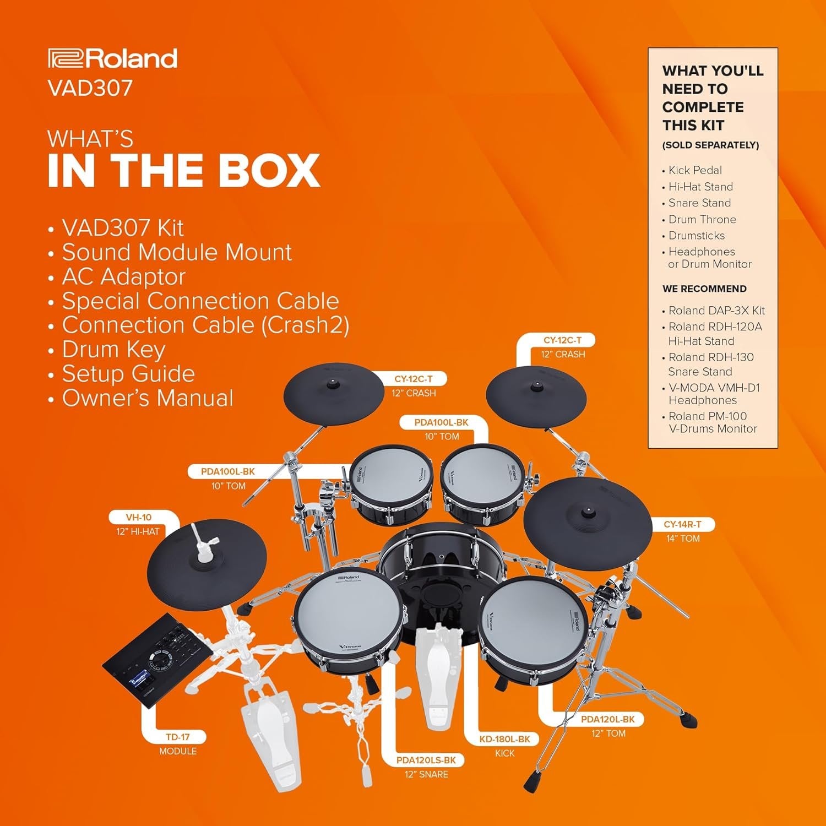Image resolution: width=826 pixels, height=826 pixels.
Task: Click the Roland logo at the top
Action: tap(113, 58)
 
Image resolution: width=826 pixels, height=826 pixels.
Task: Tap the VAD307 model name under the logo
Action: tap(90, 88)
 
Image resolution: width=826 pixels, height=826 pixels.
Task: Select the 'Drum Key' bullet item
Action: tap(113, 349)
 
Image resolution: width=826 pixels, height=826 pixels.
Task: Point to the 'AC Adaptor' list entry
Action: tap(124, 276)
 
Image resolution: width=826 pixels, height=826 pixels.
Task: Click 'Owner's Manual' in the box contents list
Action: tap(148, 398)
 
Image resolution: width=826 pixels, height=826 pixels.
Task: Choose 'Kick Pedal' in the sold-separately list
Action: tap(695, 170)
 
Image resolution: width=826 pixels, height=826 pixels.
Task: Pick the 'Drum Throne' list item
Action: tap(702, 219)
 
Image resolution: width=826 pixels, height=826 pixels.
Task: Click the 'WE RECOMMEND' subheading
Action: tap(704, 289)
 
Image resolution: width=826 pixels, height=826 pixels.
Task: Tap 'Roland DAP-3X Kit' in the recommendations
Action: tap(716, 311)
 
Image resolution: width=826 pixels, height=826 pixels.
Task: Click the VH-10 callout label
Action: tap(139, 518)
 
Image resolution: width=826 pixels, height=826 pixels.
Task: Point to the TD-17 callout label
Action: tap(177, 737)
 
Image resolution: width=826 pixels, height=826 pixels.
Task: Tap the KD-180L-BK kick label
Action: tap(504, 739)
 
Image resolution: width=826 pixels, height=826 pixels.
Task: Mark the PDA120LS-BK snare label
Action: tap(426, 760)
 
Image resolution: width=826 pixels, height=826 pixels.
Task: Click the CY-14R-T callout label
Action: tap(682, 525)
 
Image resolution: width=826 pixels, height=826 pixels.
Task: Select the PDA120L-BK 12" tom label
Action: tap(608, 719)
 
